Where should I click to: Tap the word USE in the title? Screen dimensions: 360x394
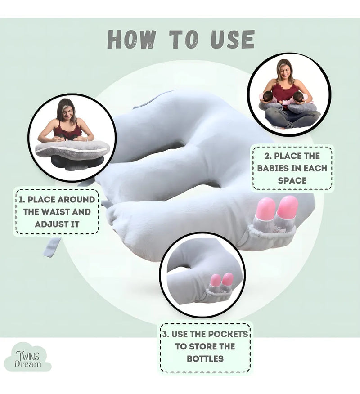pyautogui.click(x=233, y=39)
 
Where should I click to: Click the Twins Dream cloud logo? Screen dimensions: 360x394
pyautogui.click(x=27, y=357)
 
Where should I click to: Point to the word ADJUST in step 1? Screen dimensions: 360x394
pyautogui.click(x=50, y=224)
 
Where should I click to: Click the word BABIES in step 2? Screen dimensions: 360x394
pyautogui.click(x=273, y=168)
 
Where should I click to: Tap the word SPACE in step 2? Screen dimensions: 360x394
pyautogui.click(x=292, y=180)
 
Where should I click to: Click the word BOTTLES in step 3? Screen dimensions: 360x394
pyautogui.click(x=205, y=358)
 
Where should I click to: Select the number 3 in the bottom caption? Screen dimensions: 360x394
pyautogui.click(x=165, y=334)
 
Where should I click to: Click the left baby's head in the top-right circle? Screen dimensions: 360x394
pyautogui.click(x=268, y=97)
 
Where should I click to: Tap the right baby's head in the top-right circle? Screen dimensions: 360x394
pyautogui.click(x=299, y=97)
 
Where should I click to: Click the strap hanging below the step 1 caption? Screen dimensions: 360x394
pyautogui.click(x=52, y=247)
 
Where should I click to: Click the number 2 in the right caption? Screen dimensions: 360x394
pyautogui.click(x=267, y=156)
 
